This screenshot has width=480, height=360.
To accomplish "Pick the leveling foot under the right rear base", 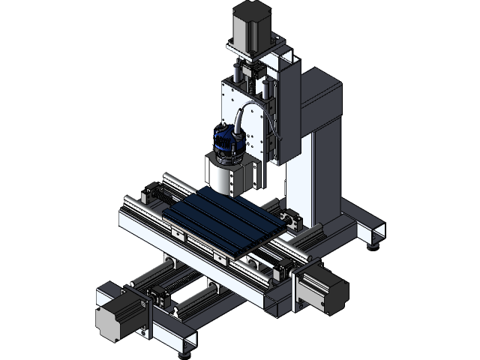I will click(373, 241).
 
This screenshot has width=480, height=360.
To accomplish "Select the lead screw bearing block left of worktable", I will click(154, 192).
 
